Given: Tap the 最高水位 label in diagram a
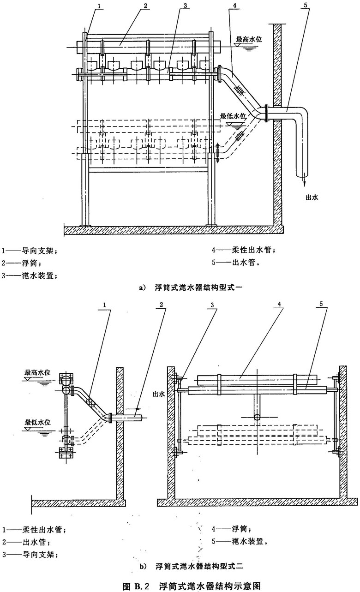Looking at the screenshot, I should pos(249,40).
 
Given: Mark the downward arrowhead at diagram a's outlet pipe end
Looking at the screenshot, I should pos(305,184).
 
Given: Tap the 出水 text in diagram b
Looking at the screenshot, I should pos(158,395).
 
